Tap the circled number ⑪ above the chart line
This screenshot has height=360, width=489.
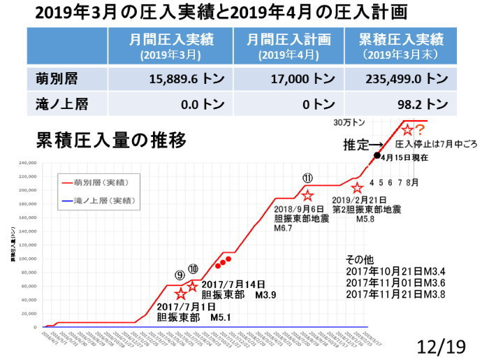click(x=307, y=179)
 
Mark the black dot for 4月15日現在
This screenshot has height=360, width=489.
click(x=377, y=155)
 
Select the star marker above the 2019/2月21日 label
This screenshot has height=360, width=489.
click(x=357, y=188)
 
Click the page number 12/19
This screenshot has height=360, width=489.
click(x=444, y=345)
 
